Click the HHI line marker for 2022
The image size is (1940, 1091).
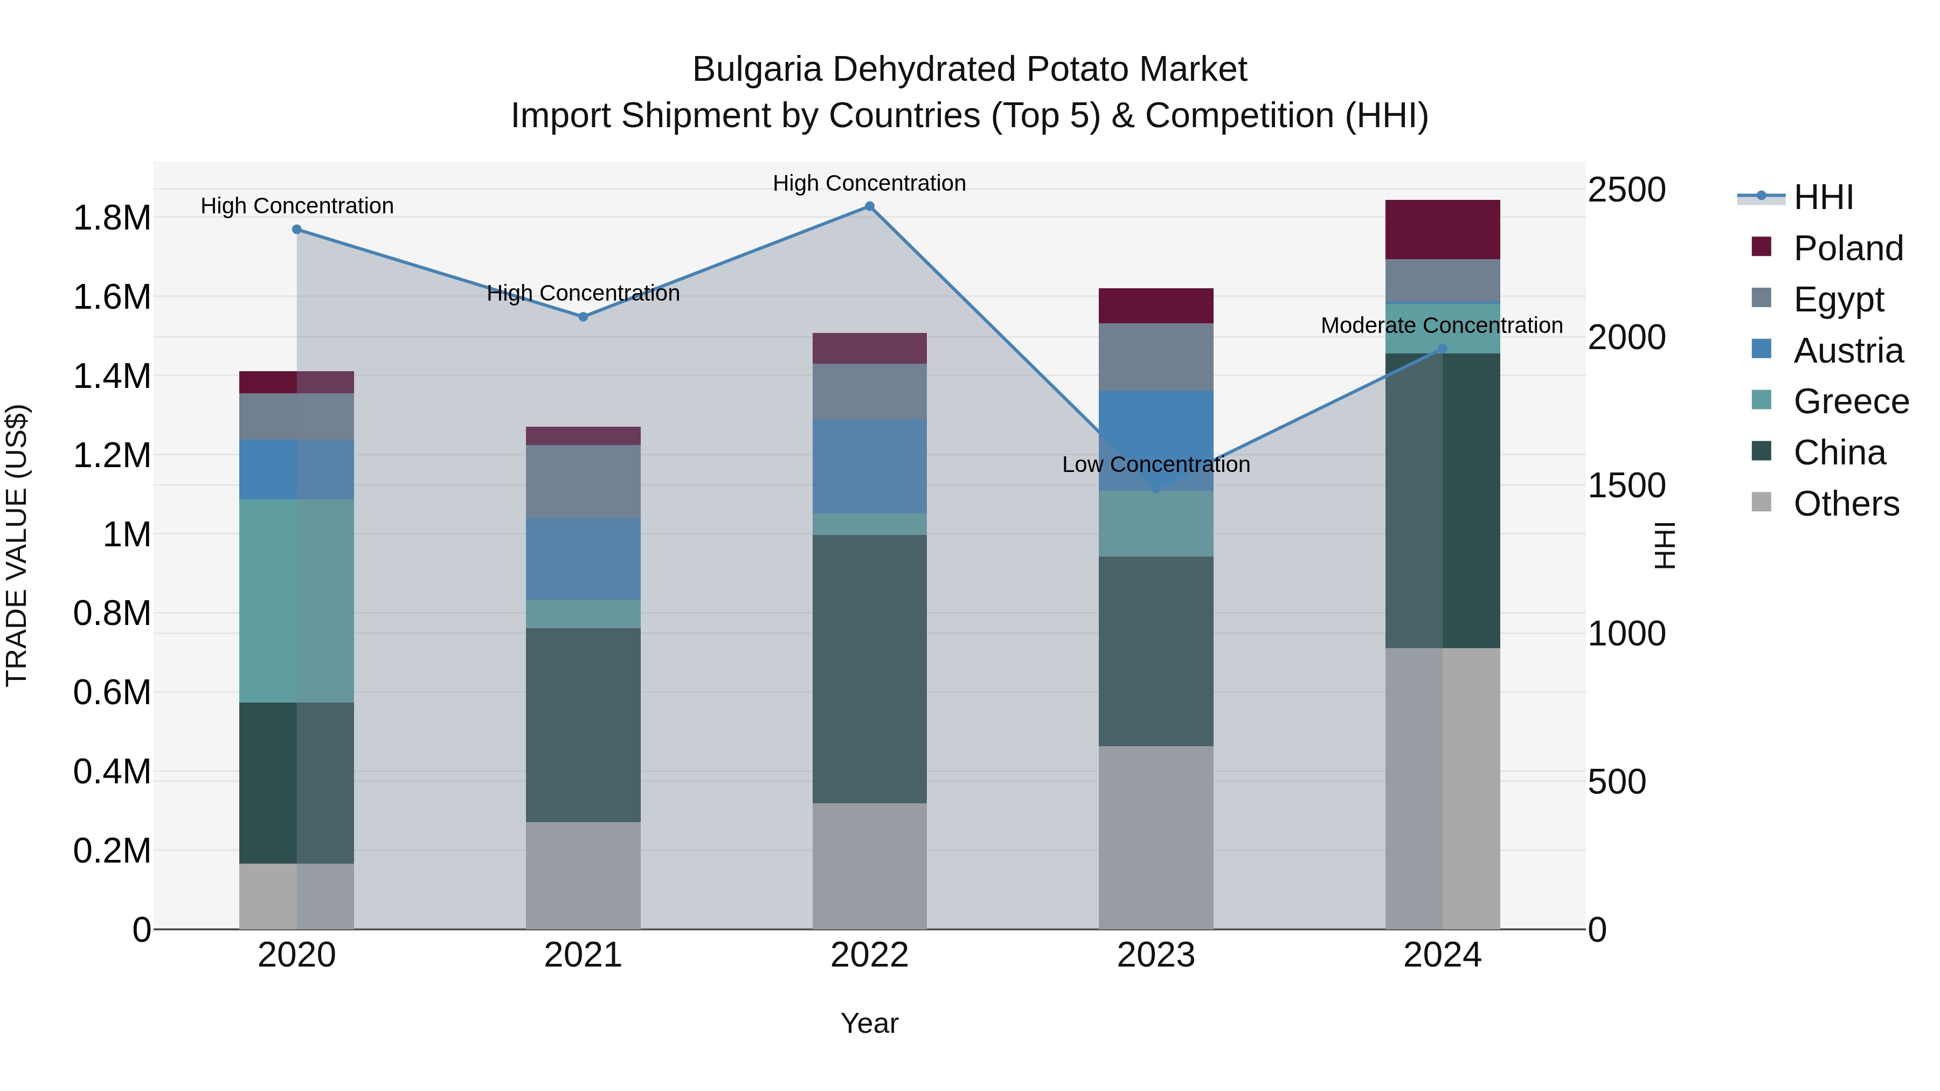pyautogui.click(x=869, y=206)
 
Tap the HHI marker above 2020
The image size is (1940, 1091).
pyautogui.click(x=297, y=229)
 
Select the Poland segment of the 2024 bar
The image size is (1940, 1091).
pyautogui.click(x=1442, y=230)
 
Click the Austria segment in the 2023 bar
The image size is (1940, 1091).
pyautogui.click(x=1155, y=441)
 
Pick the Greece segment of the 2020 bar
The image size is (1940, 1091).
pyautogui.click(x=297, y=601)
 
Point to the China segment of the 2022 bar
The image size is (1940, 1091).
pyautogui.click(x=869, y=669)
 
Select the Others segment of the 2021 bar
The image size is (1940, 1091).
pyautogui.click(x=583, y=875)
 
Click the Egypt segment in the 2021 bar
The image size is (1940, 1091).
pyautogui.click(x=583, y=481)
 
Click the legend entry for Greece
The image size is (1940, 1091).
pyautogui.click(x=1849, y=401)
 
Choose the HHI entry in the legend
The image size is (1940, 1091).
pyautogui.click(x=1823, y=197)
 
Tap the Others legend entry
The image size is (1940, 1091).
pyautogui.click(x=1845, y=504)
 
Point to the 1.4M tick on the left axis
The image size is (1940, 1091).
pyautogui.click(x=112, y=376)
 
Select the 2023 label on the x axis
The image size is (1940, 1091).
pyautogui.click(x=1155, y=955)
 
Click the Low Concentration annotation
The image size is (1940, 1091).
pyautogui.click(x=1155, y=464)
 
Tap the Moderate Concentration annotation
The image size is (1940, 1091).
pyautogui.click(x=1442, y=325)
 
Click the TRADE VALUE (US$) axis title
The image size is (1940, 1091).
pyautogui.click(x=17, y=545)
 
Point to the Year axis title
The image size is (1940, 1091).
pyautogui.click(x=869, y=1023)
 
